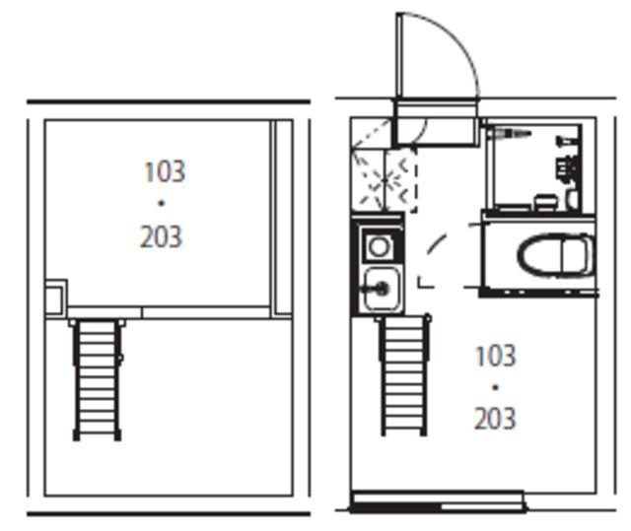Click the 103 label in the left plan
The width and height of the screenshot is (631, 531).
[x=165, y=171]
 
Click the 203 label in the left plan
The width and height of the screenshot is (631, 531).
[x=161, y=236]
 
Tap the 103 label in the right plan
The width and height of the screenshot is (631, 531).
[x=495, y=356]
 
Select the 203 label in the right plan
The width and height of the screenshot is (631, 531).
[x=495, y=419]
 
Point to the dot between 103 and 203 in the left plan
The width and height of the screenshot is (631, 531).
[x=162, y=204]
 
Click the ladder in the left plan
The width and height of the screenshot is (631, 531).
[x=97, y=379]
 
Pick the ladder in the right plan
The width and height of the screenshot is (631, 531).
[x=403, y=375]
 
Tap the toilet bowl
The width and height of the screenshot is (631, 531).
[x=556, y=256]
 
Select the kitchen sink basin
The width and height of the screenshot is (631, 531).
[x=382, y=289]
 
